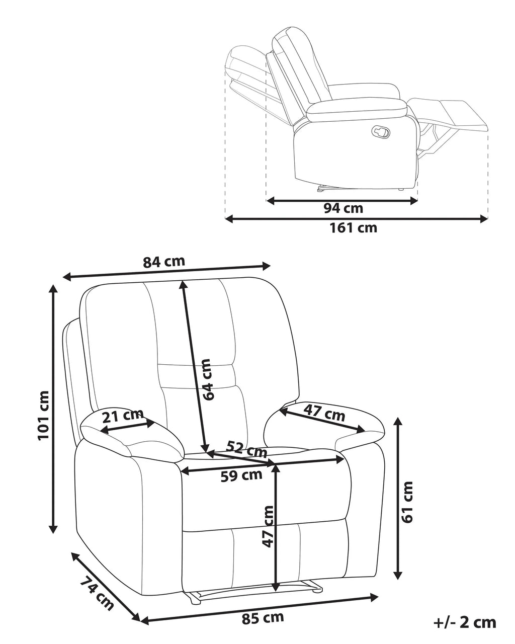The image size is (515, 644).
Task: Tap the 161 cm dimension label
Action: (x=353, y=228)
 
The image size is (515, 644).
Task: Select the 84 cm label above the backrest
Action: (x=163, y=262)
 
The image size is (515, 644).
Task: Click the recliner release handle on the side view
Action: (x=381, y=131)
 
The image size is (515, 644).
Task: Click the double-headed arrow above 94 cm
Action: (x=341, y=201)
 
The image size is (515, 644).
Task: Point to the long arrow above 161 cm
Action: (x=357, y=219)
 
